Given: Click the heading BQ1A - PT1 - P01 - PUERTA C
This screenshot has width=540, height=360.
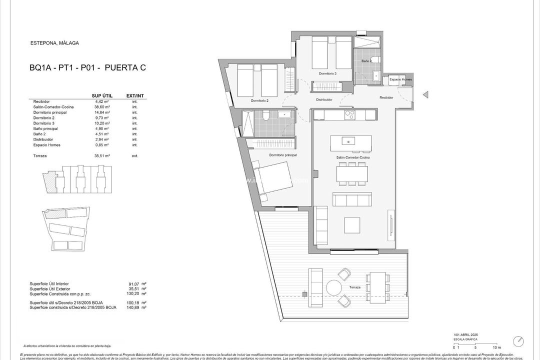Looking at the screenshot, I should [87, 68].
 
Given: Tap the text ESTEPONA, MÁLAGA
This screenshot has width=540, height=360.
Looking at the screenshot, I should [54, 43].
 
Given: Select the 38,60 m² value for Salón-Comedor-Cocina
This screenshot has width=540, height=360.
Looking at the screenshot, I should [102, 107].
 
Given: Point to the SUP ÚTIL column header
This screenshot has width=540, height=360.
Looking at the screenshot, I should [102, 95].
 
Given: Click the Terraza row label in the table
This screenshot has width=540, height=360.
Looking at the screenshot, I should [37, 156].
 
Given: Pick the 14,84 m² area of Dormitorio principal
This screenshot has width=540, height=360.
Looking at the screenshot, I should [102, 112].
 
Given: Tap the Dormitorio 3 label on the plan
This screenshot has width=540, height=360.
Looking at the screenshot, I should [327, 73].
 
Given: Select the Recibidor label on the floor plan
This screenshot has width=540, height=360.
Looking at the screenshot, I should [386, 97].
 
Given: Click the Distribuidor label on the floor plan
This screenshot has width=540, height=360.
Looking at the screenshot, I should [324, 99].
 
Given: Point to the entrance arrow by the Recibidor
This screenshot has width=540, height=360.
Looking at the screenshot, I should [425, 94].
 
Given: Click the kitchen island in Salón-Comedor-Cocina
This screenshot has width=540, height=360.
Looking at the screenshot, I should [350, 143].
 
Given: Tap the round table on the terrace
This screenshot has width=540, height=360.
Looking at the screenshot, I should [333, 287].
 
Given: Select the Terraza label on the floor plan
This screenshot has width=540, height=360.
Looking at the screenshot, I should [354, 287].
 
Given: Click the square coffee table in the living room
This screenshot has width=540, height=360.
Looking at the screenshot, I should [352, 224].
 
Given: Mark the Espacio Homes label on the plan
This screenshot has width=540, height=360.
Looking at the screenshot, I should [401, 79].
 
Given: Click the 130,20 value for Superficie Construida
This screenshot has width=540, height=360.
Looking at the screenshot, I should [132, 293].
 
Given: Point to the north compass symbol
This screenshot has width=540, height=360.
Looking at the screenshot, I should [518, 341].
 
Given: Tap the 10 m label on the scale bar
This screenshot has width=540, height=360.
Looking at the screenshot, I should [496, 347].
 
